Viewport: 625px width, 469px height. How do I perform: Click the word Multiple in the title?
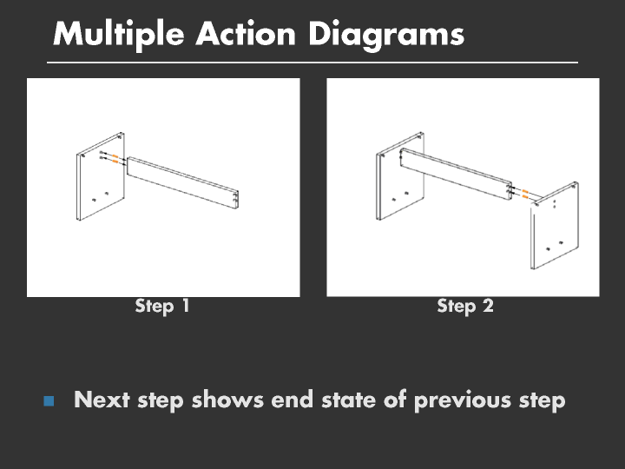coord(118,35)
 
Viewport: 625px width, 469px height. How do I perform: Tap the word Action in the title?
coord(246,34)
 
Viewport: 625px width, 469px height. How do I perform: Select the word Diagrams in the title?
coord(386,35)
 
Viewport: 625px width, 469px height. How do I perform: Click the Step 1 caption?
coord(162,307)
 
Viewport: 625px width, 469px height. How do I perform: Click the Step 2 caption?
coord(465,307)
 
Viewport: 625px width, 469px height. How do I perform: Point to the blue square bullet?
coord(49,400)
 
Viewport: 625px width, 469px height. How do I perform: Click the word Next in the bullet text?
coord(102,400)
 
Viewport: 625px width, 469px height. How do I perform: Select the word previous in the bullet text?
coord(462,400)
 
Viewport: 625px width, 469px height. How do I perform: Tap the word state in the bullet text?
coord(348,400)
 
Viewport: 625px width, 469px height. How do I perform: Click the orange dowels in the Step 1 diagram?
coord(115,158)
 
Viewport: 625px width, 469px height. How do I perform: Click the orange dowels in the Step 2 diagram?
coord(525,194)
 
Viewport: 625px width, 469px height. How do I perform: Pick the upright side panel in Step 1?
coord(101,176)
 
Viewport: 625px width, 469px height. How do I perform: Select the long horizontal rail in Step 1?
coord(182,182)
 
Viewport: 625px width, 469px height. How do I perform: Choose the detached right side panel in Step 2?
coord(555,226)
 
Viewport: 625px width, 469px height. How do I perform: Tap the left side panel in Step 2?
coord(400,176)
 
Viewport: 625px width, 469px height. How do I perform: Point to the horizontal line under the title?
coord(312,63)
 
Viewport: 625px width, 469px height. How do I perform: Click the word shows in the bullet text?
coord(227,400)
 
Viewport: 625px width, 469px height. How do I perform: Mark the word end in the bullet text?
coord(293,400)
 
